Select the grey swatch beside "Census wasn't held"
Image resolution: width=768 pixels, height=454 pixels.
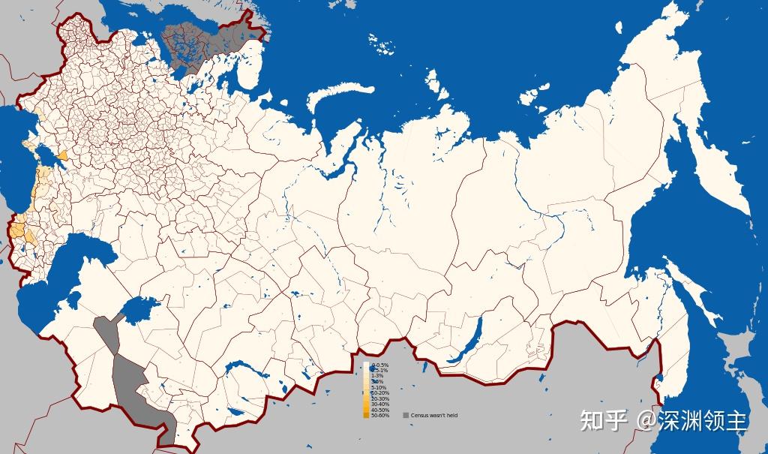coord(406,415)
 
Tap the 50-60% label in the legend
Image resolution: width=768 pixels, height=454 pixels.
coord(380,416)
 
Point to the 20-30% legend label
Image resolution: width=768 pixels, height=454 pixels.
coord(380,398)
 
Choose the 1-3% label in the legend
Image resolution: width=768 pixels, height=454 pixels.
coord(379,376)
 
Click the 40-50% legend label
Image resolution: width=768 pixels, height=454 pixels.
coord(380,410)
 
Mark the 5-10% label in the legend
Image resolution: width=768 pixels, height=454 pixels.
coord(379,387)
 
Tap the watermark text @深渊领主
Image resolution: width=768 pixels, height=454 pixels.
coord(692,420)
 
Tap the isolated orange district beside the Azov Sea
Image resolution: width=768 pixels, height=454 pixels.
coord(62,155)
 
